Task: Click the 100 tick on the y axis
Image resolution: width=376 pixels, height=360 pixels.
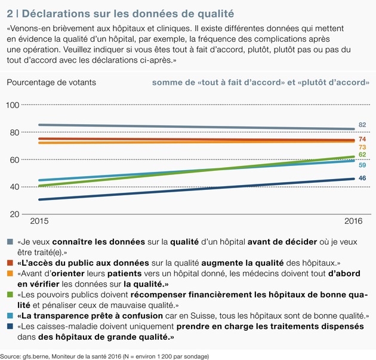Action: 12,105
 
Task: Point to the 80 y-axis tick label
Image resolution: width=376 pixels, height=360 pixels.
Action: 12,133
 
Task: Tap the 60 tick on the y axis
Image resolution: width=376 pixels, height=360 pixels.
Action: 12,159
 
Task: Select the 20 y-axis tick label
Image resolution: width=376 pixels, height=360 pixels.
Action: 12,214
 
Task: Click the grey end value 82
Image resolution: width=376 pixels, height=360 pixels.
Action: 362,125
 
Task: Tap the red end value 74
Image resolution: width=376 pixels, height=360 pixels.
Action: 362,139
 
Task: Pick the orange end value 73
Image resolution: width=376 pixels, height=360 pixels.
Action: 362,147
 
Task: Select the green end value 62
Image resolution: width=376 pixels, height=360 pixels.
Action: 362,155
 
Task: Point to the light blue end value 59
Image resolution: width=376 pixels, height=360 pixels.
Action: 362,165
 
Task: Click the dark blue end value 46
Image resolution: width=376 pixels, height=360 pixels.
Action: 362,179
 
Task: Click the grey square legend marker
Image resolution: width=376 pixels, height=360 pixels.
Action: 11,242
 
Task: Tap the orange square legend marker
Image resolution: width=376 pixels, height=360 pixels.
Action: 11,273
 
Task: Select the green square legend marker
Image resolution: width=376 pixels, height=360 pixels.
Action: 11,294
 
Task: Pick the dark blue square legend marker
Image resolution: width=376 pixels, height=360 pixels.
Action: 11,326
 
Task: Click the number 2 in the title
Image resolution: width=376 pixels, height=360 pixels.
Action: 10,12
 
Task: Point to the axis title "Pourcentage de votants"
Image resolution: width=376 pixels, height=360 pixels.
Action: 50,81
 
